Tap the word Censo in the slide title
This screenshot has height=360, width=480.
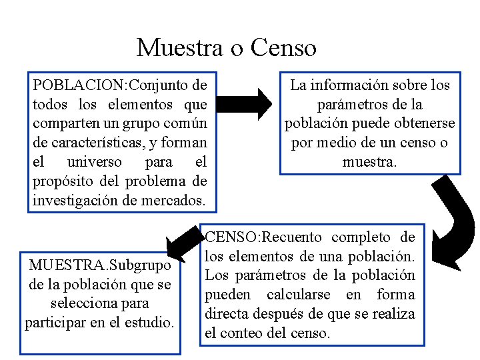(283, 48)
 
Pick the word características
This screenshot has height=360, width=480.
(90, 143)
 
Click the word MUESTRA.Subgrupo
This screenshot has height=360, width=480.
(100, 265)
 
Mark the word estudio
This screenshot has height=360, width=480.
(151, 323)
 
